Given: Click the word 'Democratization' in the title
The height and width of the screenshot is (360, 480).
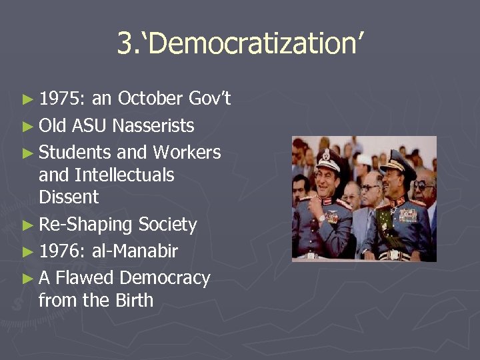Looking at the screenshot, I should tap(251, 44).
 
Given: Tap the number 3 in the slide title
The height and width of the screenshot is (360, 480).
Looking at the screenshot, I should tap(124, 44).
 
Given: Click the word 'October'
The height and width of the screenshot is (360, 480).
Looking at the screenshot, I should tap(150, 99).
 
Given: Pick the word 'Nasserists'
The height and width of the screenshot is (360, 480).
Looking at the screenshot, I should tap(153, 125).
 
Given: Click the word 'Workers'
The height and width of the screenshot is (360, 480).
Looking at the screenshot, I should tap(187, 152).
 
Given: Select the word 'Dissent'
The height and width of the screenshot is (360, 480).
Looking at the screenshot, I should tap(69, 197).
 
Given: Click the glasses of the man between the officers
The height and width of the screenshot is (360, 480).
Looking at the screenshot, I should tap(369, 189).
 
